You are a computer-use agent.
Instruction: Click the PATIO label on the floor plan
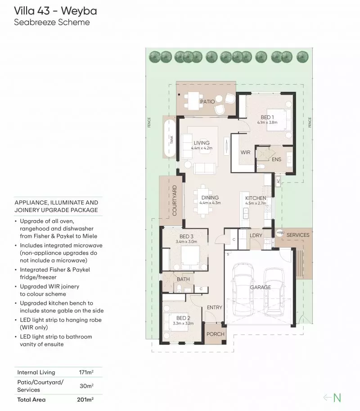207,102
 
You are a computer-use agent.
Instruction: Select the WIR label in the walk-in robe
245,153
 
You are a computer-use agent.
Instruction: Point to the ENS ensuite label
276,159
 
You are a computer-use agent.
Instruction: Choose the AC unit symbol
278,181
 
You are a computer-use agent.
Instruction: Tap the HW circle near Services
279,232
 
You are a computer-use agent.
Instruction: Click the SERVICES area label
298,235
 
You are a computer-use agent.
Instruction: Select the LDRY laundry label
256,235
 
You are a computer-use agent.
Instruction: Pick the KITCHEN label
256,198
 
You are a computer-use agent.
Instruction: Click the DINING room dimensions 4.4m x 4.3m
210,203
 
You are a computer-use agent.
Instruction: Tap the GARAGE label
261,287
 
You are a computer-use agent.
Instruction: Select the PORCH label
215,334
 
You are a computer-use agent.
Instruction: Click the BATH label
183,279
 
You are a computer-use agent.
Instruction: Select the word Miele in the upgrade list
89,236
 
